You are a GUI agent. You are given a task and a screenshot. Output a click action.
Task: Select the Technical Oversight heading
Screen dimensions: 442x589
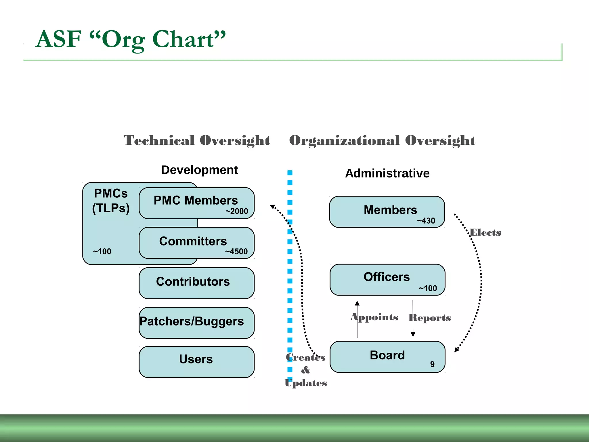click(197, 140)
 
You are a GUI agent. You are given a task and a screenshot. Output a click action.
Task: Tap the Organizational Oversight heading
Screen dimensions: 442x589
click(382, 140)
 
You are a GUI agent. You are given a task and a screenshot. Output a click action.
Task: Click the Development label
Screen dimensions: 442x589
click(199, 170)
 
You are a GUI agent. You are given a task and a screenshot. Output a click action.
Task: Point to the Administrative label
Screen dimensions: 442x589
click(387, 173)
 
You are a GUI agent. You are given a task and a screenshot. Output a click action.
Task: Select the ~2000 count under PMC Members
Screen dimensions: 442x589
click(237, 211)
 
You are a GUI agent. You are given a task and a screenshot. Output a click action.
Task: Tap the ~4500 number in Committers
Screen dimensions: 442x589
click(236, 252)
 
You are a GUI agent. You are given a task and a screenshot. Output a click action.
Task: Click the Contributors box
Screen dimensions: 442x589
click(196, 283)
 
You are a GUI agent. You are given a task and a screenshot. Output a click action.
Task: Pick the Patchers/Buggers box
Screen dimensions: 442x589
click(196, 322)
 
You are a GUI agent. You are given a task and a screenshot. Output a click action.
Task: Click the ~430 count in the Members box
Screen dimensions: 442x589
click(426, 221)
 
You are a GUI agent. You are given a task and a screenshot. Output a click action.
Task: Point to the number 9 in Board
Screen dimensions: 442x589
click(432, 364)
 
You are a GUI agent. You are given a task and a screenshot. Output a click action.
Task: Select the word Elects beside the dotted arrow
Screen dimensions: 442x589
click(485, 233)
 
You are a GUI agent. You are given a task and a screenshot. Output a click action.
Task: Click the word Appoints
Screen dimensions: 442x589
click(374, 317)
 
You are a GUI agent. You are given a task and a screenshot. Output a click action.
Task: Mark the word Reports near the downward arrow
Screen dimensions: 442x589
click(430, 318)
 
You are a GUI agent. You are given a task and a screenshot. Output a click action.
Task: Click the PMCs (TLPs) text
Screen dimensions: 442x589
click(111, 201)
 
